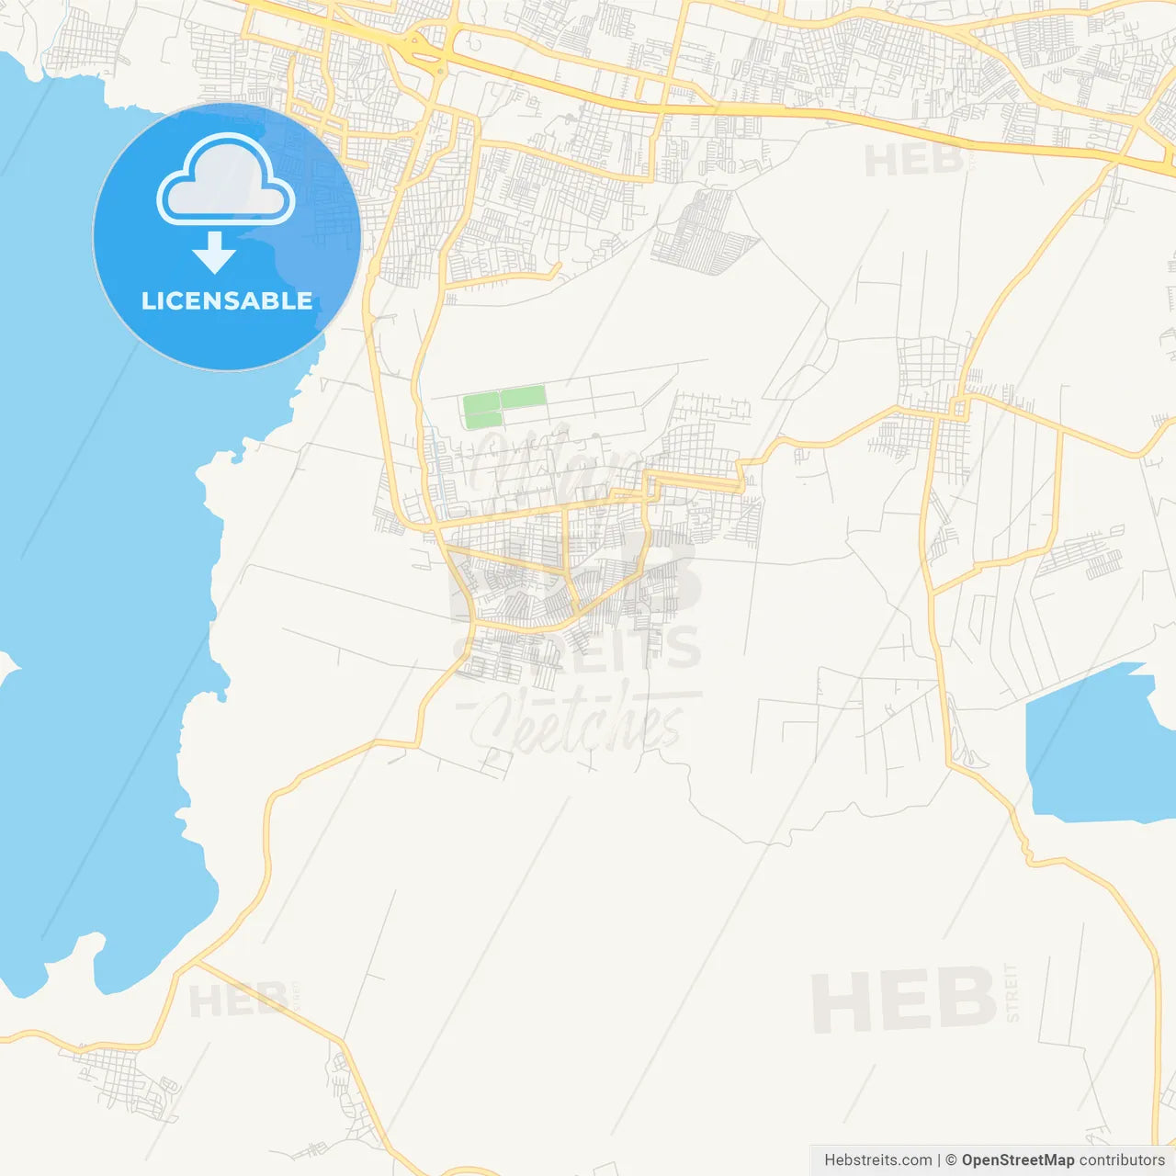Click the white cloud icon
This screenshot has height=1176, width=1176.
pyautogui.click(x=226, y=181)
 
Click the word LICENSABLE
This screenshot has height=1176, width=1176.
pyautogui.click(x=226, y=300)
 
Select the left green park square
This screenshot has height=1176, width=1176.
pyautogui.click(x=481, y=410)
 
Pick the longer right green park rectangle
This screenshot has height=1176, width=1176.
pyautogui.click(x=523, y=397)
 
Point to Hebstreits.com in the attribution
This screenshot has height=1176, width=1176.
pyautogui.click(x=877, y=1160)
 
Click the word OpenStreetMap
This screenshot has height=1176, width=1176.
pyautogui.click(x=1017, y=1160)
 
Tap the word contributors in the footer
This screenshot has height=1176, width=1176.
pyautogui.click(x=1121, y=1160)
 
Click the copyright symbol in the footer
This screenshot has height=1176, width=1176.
pyautogui.click(x=951, y=1160)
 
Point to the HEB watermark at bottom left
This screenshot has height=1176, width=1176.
pyautogui.click(x=237, y=1001)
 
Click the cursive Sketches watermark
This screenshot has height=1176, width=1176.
pyautogui.click(x=579, y=721)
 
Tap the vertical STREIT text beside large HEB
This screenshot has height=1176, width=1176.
pyautogui.click(x=1012, y=992)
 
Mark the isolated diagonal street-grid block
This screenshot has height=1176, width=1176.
pyautogui.click(x=703, y=232)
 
